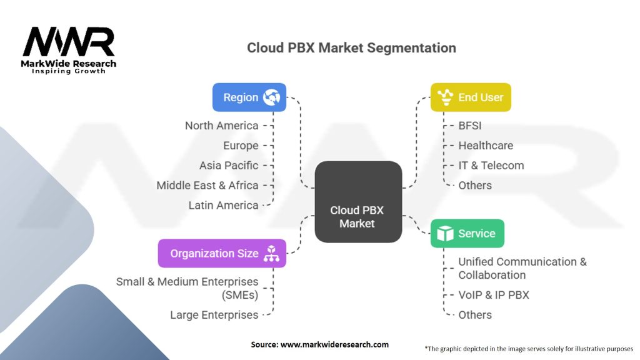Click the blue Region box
(249, 97)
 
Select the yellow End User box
(471, 97)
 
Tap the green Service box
(467, 234)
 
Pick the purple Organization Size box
(222, 254)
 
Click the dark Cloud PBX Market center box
(358, 202)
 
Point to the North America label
(222, 126)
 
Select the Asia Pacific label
(229, 166)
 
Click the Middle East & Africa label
(207, 185)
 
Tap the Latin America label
(223, 205)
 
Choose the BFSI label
(470, 126)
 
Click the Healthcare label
(486, 146)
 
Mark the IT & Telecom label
(491, 166)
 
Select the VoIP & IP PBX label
(494, 295)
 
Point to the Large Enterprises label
(214, 315)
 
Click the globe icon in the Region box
(271, 97)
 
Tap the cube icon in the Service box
(445, 234)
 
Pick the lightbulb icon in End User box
(445, 97)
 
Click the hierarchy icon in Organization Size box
(271, 254)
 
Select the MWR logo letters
(69, 42)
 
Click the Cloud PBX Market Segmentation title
(351, 47)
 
